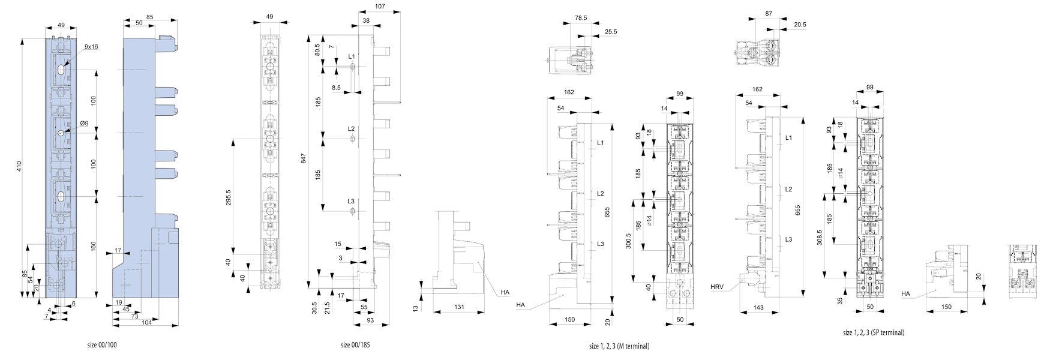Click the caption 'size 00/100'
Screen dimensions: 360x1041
point(106,345)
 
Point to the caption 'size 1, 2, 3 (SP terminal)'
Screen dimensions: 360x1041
point(874,332)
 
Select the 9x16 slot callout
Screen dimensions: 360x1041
point(91,46)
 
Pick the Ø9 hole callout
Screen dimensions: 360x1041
point(84,124)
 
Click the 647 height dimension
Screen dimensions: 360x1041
point(304,159)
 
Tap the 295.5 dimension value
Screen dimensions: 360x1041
point(229,198)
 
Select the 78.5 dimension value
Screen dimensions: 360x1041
point(580,19)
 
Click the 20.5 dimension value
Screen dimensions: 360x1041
point(800,25)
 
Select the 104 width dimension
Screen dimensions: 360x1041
point(146,323)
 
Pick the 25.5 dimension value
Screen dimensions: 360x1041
point(611,32)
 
